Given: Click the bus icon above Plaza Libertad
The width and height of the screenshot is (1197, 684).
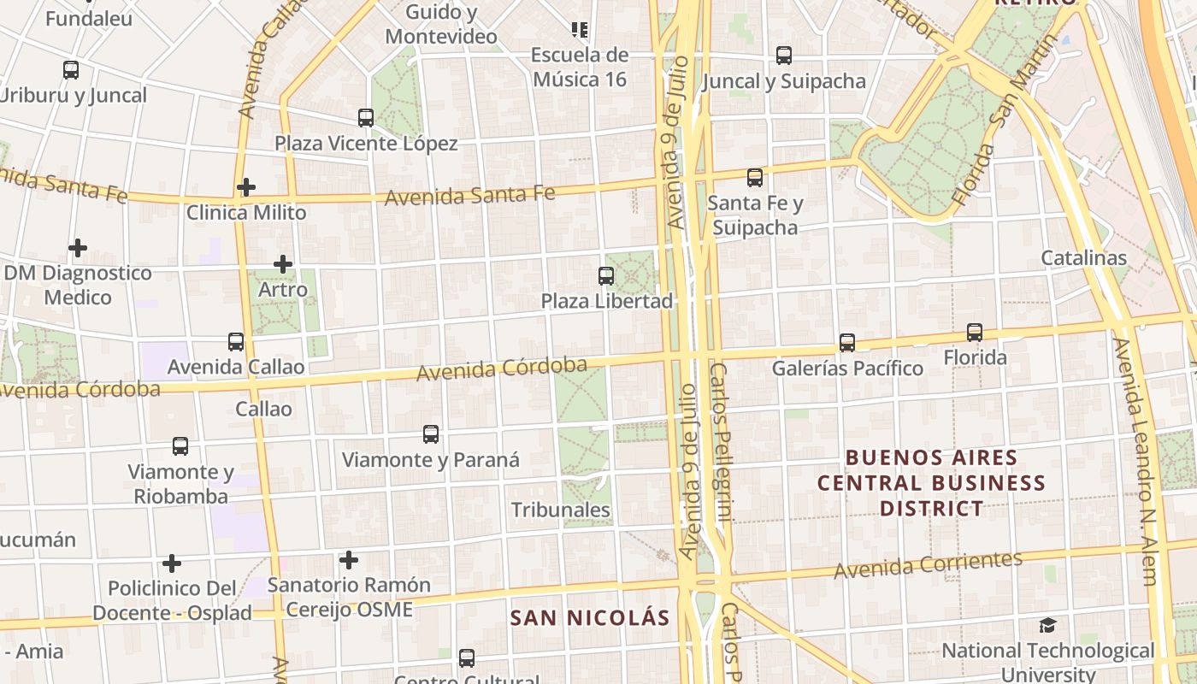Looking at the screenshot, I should tap(606, 275).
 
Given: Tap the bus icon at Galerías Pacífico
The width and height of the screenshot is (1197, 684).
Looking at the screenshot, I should tap(846, 342).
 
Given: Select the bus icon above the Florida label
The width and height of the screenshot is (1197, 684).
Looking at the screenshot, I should tap(974, 332).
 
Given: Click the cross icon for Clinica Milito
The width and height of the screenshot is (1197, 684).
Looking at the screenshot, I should tap(246, 186).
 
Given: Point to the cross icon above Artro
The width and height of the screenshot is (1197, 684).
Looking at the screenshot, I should tap(283, 264).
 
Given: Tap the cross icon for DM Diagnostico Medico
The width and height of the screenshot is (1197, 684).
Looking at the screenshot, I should tap(78, 248).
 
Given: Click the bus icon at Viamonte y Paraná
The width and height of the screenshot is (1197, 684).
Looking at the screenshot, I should tap(431, 433).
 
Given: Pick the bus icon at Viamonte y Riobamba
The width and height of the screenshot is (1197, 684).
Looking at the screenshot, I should tap(180, 445).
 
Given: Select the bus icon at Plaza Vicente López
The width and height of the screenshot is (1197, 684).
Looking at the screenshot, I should tap(366, 117).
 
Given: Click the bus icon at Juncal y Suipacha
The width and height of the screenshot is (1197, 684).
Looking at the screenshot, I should tap(784, 56).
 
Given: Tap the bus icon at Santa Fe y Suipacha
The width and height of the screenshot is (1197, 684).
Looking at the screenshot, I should tap(754, 177).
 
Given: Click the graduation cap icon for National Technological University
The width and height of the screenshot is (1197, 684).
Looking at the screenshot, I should tap(1047, 625).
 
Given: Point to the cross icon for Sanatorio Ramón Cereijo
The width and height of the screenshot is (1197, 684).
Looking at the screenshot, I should tap(348, 560).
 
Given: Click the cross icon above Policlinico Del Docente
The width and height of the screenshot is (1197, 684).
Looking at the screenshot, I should tap(172, 563).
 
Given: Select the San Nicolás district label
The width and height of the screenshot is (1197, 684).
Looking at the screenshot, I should tap(590, 617).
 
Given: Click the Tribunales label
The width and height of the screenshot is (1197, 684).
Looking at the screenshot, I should tap(561, 510).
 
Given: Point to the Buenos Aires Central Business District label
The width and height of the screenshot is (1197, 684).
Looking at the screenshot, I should tap(931, 482).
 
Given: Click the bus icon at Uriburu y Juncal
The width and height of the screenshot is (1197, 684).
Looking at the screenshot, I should tap(71, 70).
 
